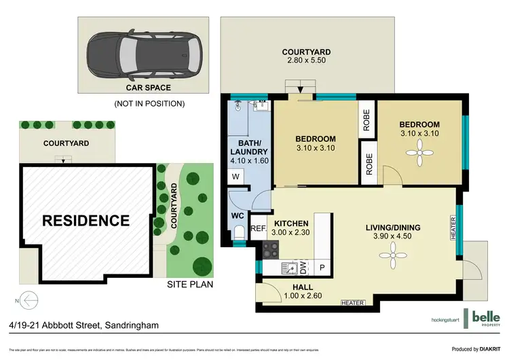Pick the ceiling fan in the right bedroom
coord(419,154)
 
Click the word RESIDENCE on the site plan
coord(86,221)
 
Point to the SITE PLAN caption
coord(189,284)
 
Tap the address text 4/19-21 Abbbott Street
coord(82,325)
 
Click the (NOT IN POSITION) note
coord(149,104)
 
